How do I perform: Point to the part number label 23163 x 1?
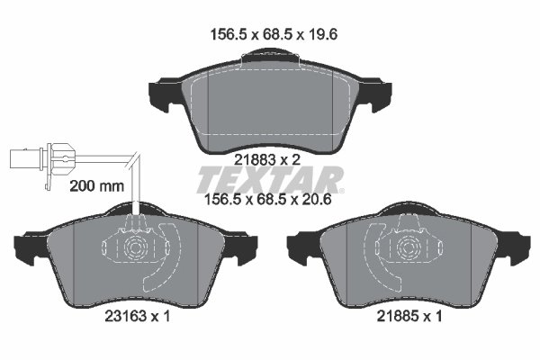133,317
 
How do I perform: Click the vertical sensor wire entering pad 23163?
136,193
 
